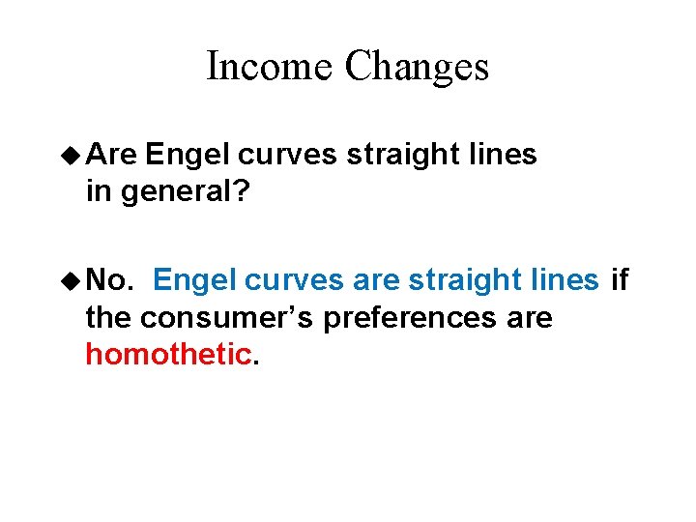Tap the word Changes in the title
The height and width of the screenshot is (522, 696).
pos(417,67)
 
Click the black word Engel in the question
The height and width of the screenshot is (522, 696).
pos(190,155)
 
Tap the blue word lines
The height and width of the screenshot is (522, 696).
pos(564,280)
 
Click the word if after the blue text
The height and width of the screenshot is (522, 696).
pos(620,280)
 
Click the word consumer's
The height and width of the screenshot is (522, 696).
pos(227,317)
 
